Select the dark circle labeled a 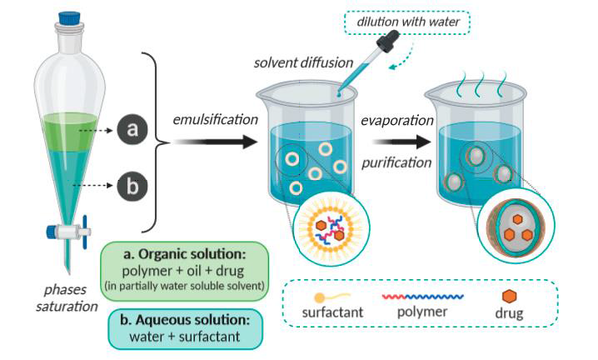pos(131,130)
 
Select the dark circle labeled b pos(131,184)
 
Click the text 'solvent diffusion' pos(304,64)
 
